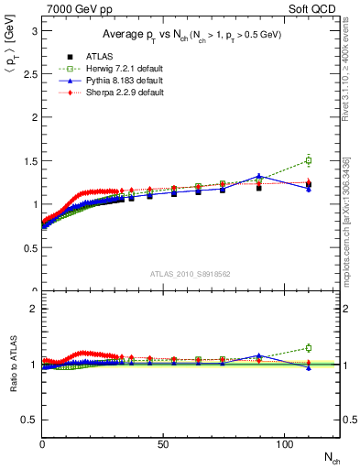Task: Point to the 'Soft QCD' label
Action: pos(316,8)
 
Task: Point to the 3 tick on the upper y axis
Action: pos(35,30)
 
